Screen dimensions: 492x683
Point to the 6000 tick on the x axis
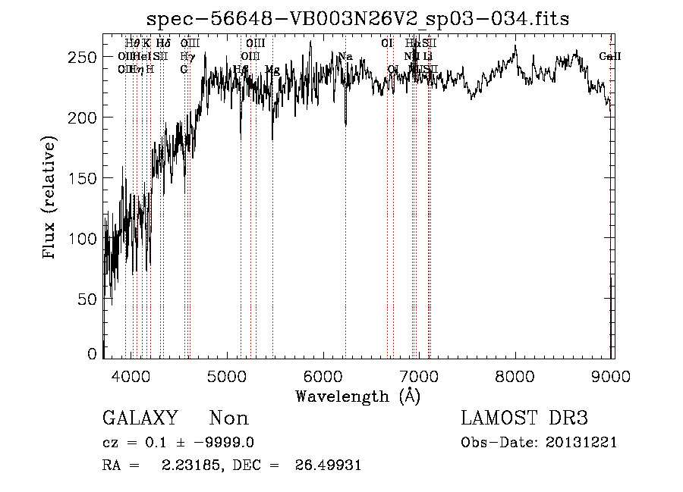pyautogui.click(x=324, y=377)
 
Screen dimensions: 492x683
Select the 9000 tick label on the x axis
pyautogui.click(x=612, y=377)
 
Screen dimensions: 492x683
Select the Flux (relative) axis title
pyautogui.click(x=51, y=199)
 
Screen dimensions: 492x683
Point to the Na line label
pyautogui.click(x=345, y=57)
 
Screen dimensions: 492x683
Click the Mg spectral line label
pyautogui.click(x=272, y=69)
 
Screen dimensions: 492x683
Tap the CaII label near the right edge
pyautogui.click(x=609, y=57)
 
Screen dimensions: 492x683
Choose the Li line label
pyautogui.click(x=428, y=57)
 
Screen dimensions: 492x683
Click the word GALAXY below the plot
pyautogui.click(x=140, y=418)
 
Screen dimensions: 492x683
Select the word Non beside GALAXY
pyautogui.click(x=228, y=418)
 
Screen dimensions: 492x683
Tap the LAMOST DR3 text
pyautogui.click(x=524, y=418)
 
